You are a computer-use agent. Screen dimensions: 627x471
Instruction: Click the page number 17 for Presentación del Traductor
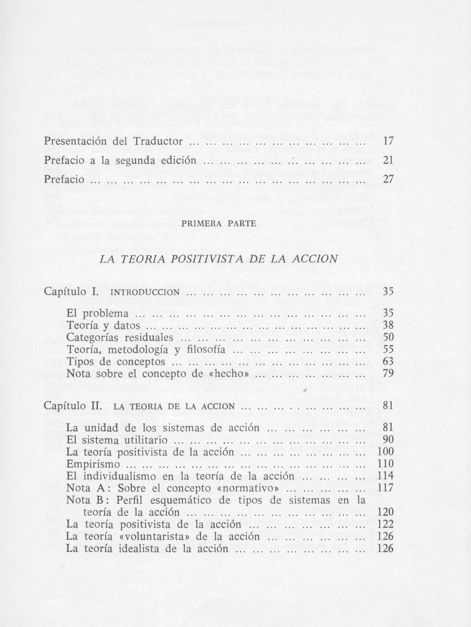tap(388, 141)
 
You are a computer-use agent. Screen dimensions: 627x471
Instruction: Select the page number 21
tap(388, 160)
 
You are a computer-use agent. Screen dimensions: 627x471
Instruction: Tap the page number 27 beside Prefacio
tap(388, 180)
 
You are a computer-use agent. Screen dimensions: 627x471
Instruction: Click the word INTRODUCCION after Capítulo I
tap(145, 292)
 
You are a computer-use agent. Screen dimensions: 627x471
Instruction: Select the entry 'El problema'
tap(97, 314)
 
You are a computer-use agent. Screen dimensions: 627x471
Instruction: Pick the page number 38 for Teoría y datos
tap(388, 326)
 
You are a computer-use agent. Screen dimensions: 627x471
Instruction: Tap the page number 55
tap(388, 350)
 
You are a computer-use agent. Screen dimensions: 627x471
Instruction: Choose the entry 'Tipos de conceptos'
tap(116, 362)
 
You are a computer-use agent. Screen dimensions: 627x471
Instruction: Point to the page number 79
tap(388, 374)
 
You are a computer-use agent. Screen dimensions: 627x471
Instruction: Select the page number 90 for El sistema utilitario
tap(388, 440)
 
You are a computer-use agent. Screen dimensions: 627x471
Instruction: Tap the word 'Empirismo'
tap(93, 464)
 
